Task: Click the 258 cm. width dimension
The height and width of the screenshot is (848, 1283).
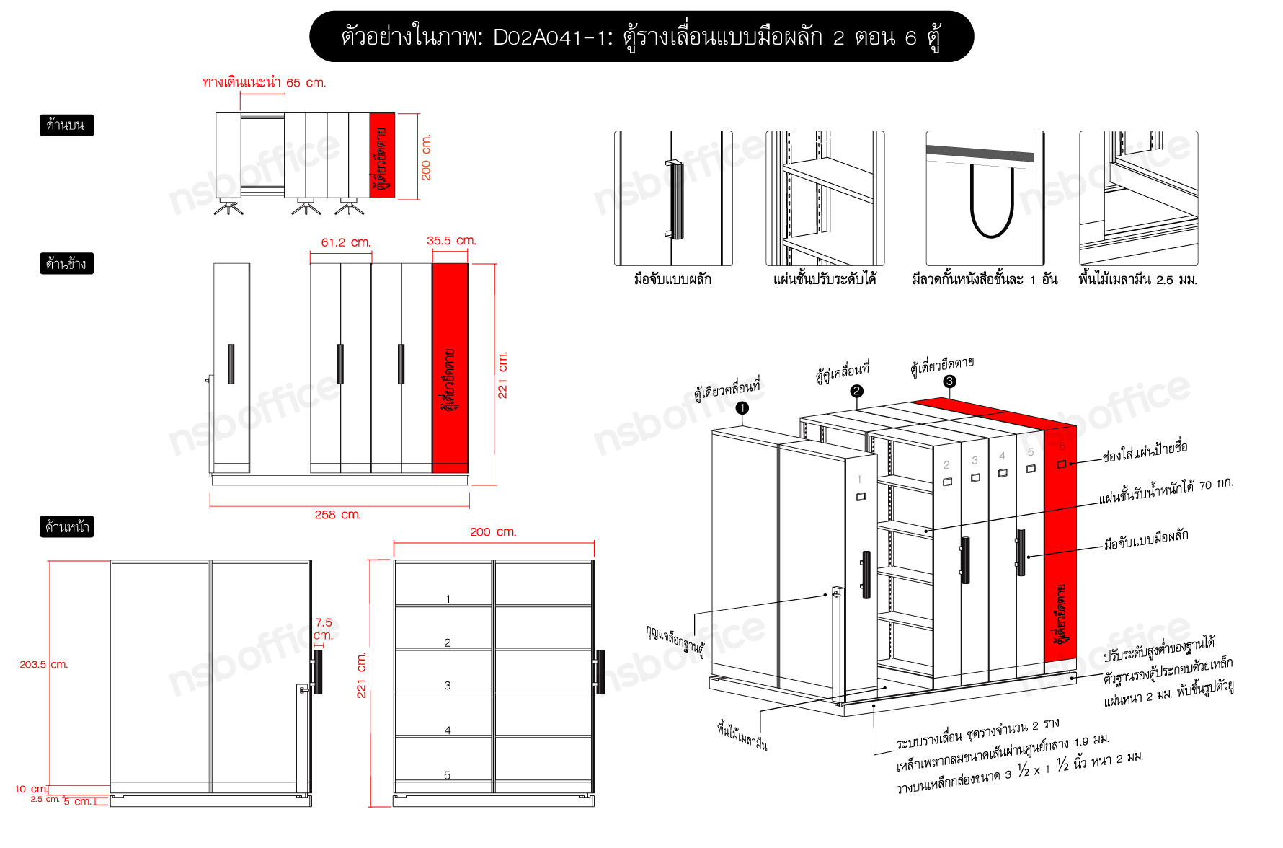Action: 337,514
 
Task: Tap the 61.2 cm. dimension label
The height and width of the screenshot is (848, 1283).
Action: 346,242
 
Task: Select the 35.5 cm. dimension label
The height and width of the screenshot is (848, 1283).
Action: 451,240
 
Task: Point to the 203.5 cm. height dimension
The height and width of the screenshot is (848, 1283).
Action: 43,664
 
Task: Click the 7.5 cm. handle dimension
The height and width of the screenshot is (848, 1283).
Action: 324,628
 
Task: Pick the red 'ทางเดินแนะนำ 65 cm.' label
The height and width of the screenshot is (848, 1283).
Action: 264,82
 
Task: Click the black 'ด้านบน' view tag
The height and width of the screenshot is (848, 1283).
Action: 66,125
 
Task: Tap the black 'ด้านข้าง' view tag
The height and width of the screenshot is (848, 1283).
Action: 66,263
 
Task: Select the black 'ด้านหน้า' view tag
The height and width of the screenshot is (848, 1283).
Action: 66,527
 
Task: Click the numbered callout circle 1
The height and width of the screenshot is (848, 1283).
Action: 742,408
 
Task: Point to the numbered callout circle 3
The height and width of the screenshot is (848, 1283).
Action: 949,381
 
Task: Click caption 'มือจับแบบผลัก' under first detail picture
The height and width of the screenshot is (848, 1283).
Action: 672,279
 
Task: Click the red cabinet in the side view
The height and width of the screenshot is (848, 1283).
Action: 450,368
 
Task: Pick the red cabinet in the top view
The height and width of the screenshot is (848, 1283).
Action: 382,155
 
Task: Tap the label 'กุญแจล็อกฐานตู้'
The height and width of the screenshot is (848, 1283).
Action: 675,638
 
